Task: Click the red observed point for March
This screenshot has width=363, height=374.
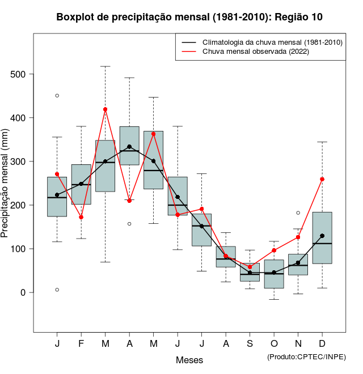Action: coord(105,109)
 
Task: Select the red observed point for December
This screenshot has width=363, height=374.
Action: coord(322,179)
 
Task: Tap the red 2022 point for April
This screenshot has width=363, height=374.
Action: coord(129,201)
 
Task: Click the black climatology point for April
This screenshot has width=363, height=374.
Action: coord(129,146)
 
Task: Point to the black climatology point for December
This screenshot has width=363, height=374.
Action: coord(322,236)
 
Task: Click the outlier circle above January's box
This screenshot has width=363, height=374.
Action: coord(57,95)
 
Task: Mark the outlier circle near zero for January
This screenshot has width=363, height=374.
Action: coord(57,290)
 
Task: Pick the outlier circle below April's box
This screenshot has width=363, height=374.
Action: coord(129,224)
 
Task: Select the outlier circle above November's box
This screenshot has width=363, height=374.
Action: coord(298,213)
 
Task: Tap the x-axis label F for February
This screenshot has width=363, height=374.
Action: coord(81,344)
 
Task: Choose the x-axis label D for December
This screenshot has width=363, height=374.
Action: coord(322,344)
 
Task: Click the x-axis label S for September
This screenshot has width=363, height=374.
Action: coord(250,344)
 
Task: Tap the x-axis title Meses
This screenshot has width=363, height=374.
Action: coord(189,360)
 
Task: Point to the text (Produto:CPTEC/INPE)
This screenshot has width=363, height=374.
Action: coord(306,357)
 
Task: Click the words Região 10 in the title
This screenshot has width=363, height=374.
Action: coord(299,17)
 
